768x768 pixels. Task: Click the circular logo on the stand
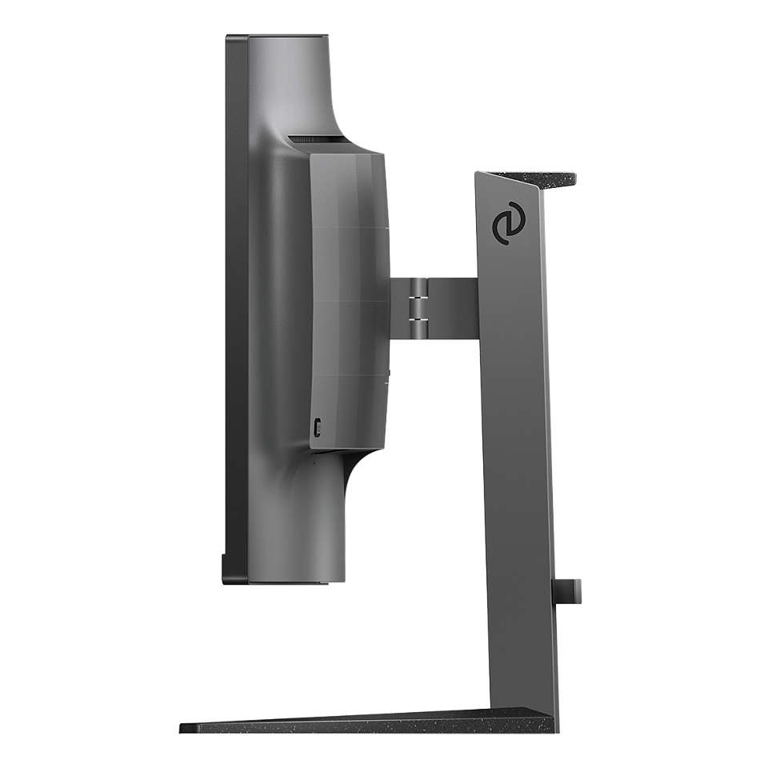click(506, 226)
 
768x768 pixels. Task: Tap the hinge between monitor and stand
click(417, 305)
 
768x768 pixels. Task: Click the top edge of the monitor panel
click(276, 37)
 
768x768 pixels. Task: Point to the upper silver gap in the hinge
click(417, 295)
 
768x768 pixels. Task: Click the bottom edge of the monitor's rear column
click(296, 581)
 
